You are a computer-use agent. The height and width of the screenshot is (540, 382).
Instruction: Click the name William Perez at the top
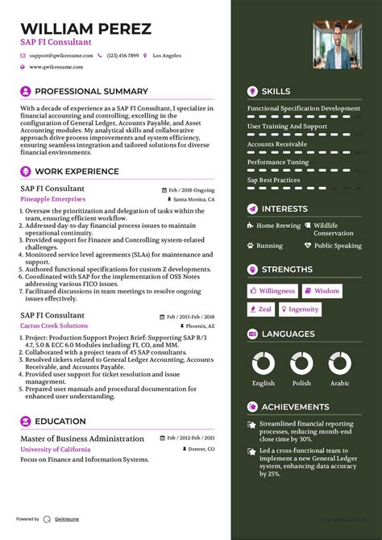85,29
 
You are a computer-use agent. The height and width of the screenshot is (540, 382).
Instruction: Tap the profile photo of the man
337,44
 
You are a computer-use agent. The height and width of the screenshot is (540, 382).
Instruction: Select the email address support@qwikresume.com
61,56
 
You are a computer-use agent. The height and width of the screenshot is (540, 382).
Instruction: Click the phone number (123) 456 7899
122,56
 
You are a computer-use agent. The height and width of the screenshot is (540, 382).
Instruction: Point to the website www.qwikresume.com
57,67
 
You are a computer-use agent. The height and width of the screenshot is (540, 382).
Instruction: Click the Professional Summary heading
91,92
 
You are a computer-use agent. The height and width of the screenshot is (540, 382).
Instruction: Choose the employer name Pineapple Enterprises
52,198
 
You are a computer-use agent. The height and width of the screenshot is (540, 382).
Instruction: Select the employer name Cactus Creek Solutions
54,326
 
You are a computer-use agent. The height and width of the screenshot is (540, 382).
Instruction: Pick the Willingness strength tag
272,290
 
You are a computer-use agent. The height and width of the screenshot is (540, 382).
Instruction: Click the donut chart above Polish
301,363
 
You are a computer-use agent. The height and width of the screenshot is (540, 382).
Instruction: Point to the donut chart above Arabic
339,363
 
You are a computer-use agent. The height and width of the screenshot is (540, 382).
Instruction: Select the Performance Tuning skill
277,162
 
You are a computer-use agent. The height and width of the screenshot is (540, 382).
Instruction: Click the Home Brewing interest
278,226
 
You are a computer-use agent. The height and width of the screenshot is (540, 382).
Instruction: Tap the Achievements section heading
295,407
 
